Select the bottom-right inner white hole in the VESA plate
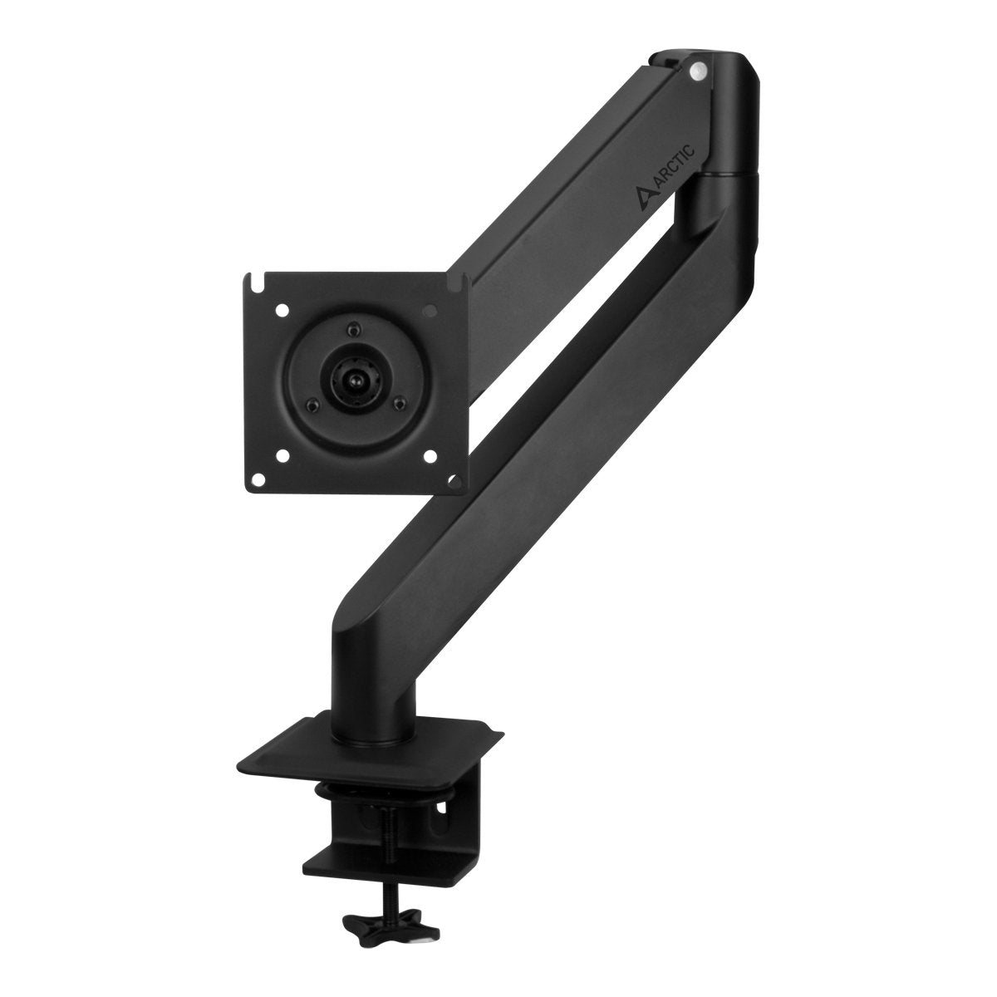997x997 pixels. coord(430,454)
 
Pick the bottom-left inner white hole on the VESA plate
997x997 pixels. coord(284,455)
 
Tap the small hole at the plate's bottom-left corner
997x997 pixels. coord(261,479)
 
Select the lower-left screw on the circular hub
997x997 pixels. coord(312,405)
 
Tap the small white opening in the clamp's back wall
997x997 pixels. coord(441,804)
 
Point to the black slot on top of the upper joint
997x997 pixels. coord(665,60)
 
